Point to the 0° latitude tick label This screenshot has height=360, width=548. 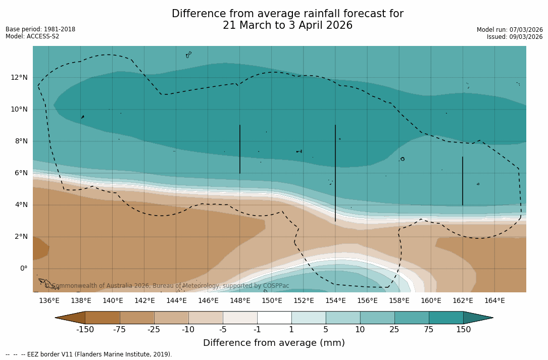coord(23,268)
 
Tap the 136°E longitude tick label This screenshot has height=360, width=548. coord(49,301)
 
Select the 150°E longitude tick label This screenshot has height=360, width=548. coord(272,301)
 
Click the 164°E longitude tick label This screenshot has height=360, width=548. coord(494,301)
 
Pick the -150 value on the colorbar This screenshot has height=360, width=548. coord(85,330)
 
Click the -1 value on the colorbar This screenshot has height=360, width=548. coord(257,330)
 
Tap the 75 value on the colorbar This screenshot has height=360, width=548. coord(429,330)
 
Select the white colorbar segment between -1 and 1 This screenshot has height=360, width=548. coord(274,318)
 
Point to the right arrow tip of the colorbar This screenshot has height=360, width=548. coord(492,318)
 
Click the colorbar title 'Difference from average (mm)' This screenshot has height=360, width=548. coord(274,343)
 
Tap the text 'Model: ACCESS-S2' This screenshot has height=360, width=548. coord(32,36)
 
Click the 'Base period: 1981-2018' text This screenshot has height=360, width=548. coord(40,29)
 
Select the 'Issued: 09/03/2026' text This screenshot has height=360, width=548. coord(515,37)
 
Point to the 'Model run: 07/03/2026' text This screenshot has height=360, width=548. coord(510,30)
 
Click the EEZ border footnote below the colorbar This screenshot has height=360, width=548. coord(89,354)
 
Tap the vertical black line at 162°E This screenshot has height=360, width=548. coord(463,181)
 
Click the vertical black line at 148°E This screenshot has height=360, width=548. coord(240,149)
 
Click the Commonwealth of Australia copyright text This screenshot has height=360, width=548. coord(167,286)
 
